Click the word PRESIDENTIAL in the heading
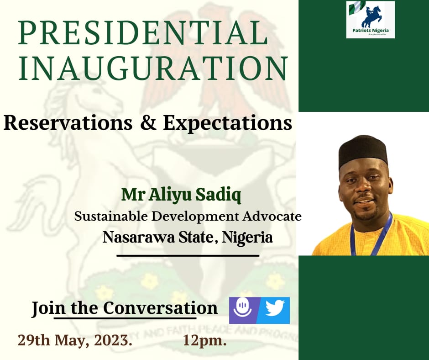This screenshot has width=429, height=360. point(142,34)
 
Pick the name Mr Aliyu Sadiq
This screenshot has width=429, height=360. point(181,195)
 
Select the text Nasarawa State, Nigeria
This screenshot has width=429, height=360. point(188,238)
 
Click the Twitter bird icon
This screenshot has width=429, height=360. point(275,310)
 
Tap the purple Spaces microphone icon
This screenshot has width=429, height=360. point(242,310)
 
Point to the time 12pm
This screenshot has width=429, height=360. point(205,340)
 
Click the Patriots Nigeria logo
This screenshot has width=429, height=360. point(370,19)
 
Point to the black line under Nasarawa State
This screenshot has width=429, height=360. point(188,255)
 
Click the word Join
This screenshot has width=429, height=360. point(42,308)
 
